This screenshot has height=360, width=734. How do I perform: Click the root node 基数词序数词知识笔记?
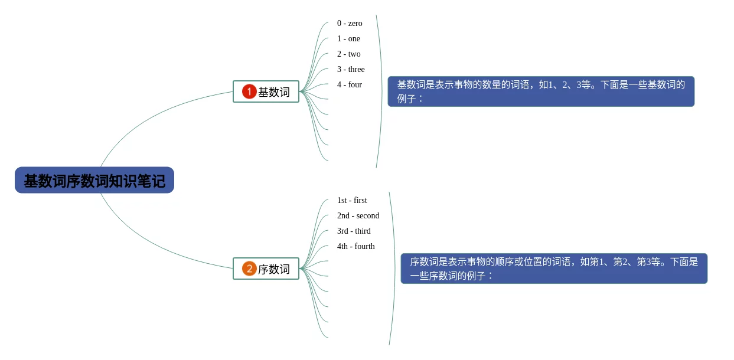pos(94,180)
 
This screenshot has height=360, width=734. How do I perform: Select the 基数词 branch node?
pos(266,91)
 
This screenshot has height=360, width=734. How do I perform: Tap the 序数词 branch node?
pos(266,269)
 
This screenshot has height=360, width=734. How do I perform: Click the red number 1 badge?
pos(249,91)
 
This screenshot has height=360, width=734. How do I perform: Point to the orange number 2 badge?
pos(249,269)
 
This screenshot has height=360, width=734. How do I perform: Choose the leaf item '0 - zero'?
pos(350,24)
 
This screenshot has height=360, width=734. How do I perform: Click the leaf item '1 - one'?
pos(348,39)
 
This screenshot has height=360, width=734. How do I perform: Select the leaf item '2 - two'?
pos(348,54)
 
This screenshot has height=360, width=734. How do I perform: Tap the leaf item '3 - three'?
pos(351,70)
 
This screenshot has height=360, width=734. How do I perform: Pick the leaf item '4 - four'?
pos(350,85)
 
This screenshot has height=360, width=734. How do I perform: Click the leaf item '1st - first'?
pos(352,201)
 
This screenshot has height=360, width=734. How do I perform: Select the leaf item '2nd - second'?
pos(358,216)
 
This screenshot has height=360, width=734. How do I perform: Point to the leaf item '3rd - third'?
pos(354,231)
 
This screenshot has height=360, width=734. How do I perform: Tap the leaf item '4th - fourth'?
pos(355,247)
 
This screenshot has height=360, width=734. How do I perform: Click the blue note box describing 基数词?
pos(541,91)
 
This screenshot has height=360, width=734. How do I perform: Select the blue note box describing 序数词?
pos(554,269)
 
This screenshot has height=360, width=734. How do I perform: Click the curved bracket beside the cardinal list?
pos(381,91)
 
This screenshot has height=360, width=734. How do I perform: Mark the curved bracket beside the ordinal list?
pos(394,269)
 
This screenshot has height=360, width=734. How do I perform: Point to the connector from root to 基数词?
pos(154,112)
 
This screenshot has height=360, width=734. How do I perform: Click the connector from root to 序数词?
pos(154,248)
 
